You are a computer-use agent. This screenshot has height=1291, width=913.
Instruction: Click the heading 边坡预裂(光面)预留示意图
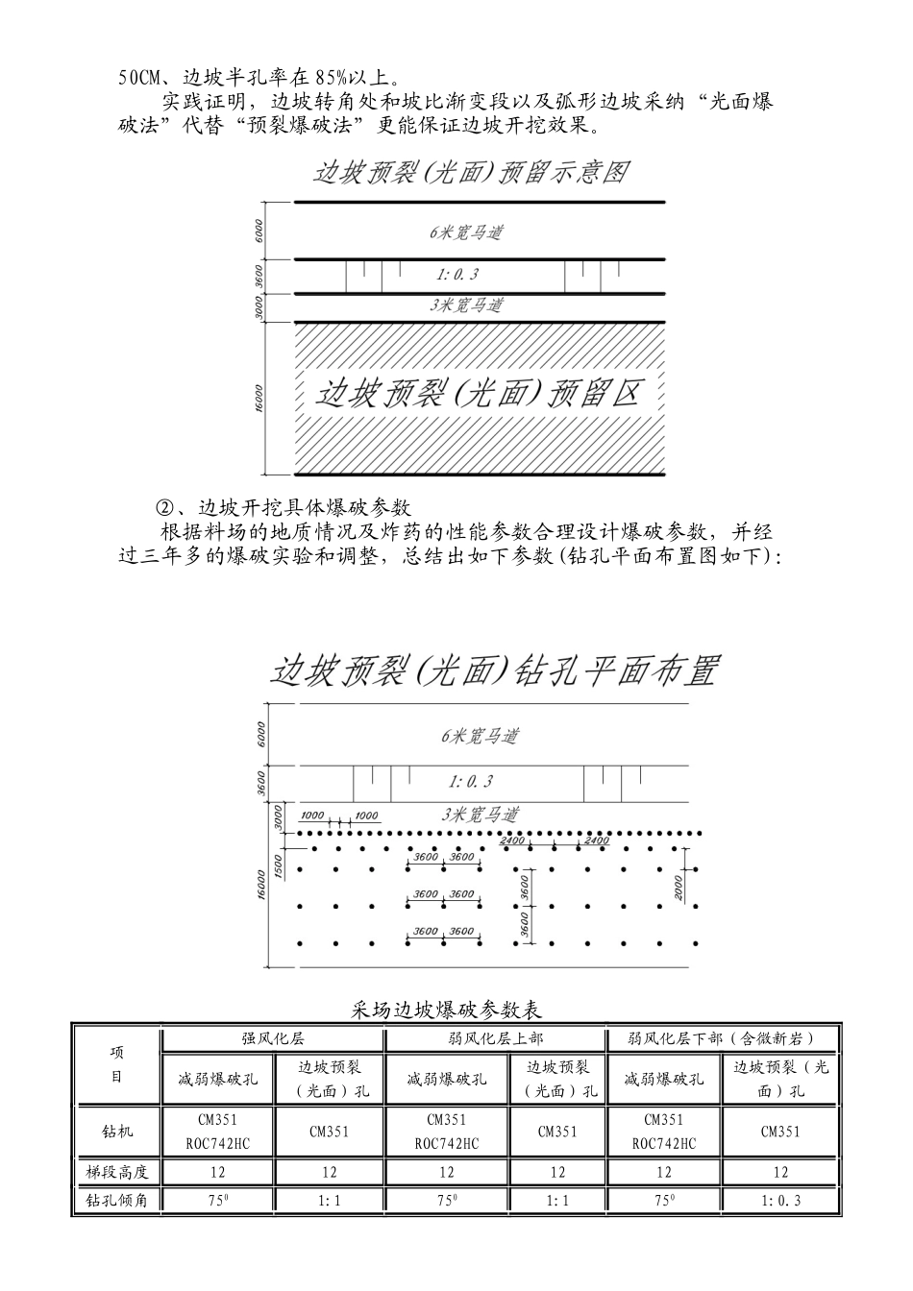pos(471,172)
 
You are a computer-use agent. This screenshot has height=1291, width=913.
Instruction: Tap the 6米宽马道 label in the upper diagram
pos(466,232)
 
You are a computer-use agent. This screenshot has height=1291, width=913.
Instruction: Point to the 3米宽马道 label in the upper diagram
pos(466,305)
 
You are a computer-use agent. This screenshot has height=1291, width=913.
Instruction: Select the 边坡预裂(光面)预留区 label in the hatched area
pos(479,394)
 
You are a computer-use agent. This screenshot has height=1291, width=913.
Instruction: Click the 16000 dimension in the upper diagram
pos(259,400)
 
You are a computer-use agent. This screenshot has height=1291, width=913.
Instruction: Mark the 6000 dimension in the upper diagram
pos(259,231)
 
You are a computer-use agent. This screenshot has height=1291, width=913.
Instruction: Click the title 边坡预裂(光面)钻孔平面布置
pos(494,670)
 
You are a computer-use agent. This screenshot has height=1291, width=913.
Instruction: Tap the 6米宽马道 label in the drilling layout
pos(480,736)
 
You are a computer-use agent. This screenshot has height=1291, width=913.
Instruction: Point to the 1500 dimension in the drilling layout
pos(278,865)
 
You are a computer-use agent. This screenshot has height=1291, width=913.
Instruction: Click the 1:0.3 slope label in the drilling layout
pos(471,782)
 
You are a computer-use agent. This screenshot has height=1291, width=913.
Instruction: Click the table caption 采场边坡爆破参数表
pos(448,1011)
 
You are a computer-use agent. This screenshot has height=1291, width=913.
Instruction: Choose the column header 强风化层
pos(273,1039)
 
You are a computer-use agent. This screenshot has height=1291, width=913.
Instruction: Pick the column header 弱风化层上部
pos(495,1039)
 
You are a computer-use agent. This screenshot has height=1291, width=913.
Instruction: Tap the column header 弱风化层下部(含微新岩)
pos(722,1039)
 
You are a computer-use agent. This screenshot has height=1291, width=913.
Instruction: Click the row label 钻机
pos(116,1132)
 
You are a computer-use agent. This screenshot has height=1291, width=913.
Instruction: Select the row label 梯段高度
pos(116,1172)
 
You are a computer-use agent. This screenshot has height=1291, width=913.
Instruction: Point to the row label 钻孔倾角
pos(116,1201)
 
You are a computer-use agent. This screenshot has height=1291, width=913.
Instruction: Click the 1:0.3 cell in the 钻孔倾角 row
pos(780,1201)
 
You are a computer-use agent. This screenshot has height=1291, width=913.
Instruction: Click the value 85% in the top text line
pos(327,78)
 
